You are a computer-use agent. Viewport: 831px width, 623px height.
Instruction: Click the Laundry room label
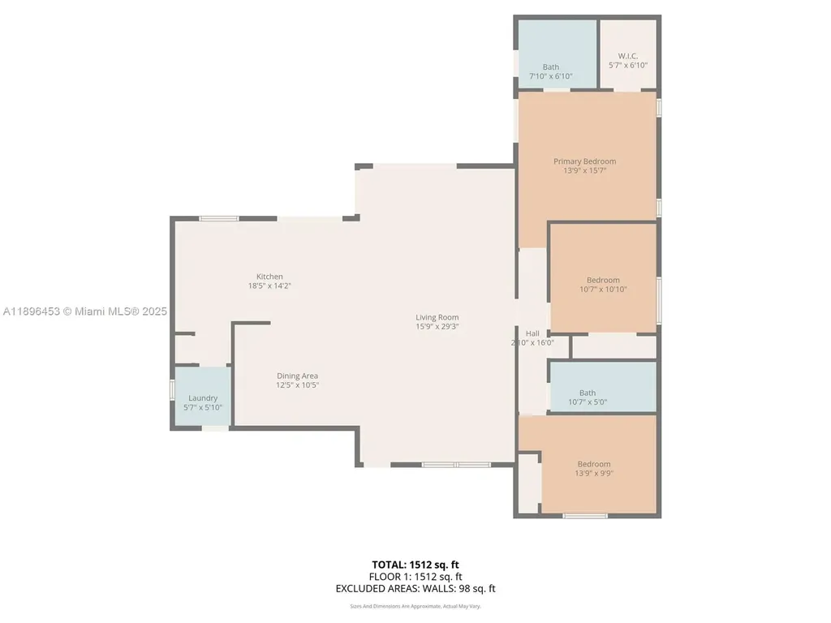point(203,397)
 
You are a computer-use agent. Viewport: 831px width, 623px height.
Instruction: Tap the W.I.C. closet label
point(628,56)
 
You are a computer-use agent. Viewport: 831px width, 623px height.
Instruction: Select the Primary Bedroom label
point(584,161)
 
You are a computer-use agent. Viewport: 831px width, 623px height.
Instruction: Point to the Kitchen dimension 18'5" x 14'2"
point(269,286)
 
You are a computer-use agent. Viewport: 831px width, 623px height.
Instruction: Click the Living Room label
point(437,317)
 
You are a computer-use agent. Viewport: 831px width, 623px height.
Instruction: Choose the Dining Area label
point(296,376)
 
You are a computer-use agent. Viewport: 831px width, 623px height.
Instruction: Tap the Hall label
point(532,333)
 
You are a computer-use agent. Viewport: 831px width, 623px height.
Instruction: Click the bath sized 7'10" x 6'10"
point(551,71)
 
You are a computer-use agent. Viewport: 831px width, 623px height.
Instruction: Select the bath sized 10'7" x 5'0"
point(587,397)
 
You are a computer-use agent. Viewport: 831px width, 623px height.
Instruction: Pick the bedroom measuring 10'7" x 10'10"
point(603,284)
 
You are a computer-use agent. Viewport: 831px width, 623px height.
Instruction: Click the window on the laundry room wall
point(172,389)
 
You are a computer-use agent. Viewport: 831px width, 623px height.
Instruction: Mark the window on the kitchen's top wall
point(219,218)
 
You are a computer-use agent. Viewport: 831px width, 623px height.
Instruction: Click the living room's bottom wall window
point(455,465)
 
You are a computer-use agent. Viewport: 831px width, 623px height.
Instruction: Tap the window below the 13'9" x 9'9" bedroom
point(585,515)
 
